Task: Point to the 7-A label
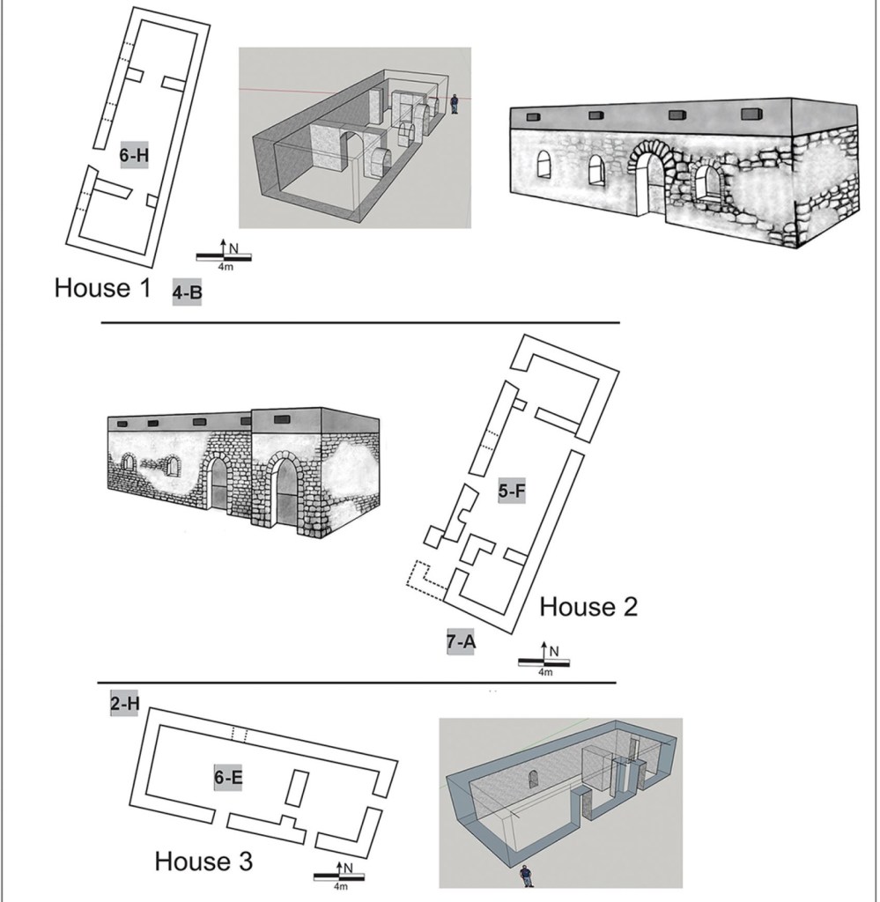461,641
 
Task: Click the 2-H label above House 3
125,705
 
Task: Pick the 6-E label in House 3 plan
227,777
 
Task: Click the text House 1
104,288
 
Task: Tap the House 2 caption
588,606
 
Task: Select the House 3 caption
203,861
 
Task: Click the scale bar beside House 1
224,256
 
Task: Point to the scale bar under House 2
544,662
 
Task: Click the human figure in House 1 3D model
455,103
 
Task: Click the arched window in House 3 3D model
533,778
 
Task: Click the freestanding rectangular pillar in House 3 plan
297,787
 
